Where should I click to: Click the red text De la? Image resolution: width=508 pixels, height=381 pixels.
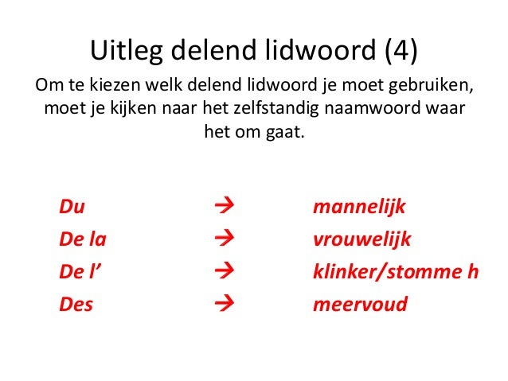click(84, 239)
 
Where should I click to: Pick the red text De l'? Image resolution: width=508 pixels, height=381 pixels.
click(83, 271)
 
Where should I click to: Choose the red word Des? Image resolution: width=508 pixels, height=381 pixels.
click(76, 303)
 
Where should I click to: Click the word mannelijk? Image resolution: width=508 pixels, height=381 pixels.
click(359, 208)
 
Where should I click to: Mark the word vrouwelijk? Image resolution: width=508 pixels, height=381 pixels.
click(362, 239)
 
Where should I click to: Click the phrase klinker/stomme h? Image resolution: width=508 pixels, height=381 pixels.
click(396, 271)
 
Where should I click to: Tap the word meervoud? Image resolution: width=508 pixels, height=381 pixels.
click(360, 303)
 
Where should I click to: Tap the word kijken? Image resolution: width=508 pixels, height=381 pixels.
click(131, 107)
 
